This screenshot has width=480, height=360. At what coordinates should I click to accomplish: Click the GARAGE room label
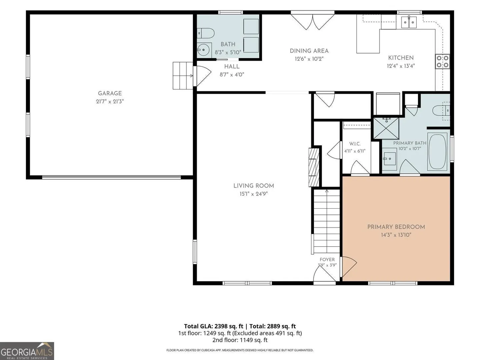110,93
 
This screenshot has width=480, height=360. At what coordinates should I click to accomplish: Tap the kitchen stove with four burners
442,61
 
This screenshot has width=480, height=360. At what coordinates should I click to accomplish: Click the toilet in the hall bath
205,33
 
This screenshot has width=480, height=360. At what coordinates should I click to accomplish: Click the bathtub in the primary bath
437,151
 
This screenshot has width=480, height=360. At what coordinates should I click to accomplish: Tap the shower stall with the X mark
386,128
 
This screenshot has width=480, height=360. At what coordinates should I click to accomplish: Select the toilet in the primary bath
441,111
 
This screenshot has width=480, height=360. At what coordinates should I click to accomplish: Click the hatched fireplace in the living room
314,167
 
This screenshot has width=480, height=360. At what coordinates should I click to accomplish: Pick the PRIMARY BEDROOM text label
396,227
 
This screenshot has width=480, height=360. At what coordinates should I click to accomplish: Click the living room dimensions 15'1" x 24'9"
253,194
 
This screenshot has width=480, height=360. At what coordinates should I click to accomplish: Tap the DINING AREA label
309,51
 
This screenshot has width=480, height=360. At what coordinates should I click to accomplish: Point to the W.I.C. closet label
355,144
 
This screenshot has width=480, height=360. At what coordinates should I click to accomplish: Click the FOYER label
327,259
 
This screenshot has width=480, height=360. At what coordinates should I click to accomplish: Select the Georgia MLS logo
27,351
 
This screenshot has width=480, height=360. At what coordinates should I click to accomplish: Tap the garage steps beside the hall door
183,76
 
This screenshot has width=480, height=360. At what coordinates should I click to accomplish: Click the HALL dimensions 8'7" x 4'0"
232,75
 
